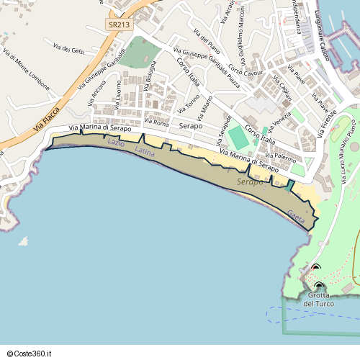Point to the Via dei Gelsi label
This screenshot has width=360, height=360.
(69, 48)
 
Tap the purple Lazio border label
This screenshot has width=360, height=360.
(116, 144)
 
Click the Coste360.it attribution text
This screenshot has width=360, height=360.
(31, 353)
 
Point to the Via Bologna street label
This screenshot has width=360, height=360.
(149, 81)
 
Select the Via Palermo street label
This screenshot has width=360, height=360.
(280, 156)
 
